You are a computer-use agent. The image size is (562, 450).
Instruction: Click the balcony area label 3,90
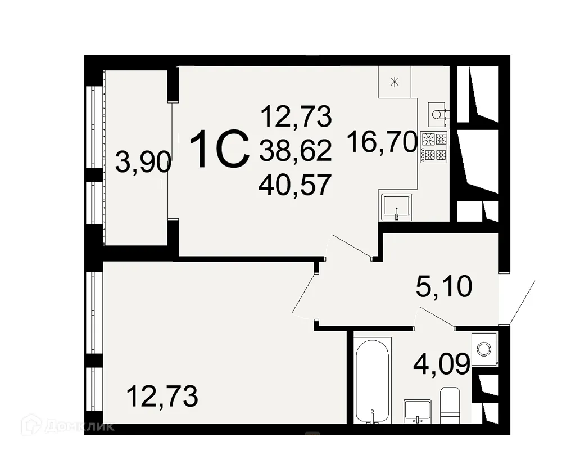point(143,163)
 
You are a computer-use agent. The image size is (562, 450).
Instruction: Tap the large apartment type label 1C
point(220,148)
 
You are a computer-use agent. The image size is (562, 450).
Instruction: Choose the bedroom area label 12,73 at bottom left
point(162,397)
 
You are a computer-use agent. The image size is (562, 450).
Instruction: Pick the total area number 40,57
point(295,184)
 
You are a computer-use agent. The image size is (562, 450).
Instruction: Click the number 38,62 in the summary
point(295,150)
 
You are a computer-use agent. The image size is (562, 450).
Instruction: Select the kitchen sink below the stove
point(396,207)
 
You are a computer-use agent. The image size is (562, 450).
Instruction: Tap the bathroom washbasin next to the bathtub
point(416,410)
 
